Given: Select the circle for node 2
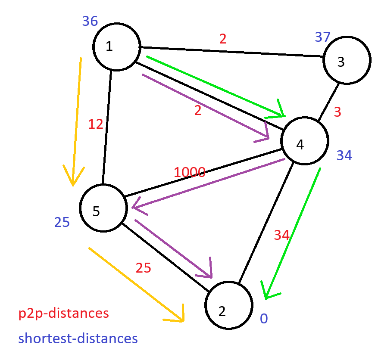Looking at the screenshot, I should pos(228,305).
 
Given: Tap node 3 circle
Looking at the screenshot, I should pos(347,61).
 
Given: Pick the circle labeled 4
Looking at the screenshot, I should pos(305,141).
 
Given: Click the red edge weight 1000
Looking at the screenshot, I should pos(189,172).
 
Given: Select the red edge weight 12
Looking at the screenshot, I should pos(96,124).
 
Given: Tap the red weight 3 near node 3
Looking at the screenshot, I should pos(337,112).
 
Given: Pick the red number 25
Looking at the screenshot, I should pos(144,268).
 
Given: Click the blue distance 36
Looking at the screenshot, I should pos(90,21).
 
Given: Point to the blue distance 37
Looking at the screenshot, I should pos(322,37).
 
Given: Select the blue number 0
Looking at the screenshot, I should pos(264,319).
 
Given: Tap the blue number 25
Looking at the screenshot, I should pos(62,222).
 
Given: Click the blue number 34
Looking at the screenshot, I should pos(344,155).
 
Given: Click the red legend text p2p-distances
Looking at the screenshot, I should pos(63,313).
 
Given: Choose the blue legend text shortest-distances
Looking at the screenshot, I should pos(78,338).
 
